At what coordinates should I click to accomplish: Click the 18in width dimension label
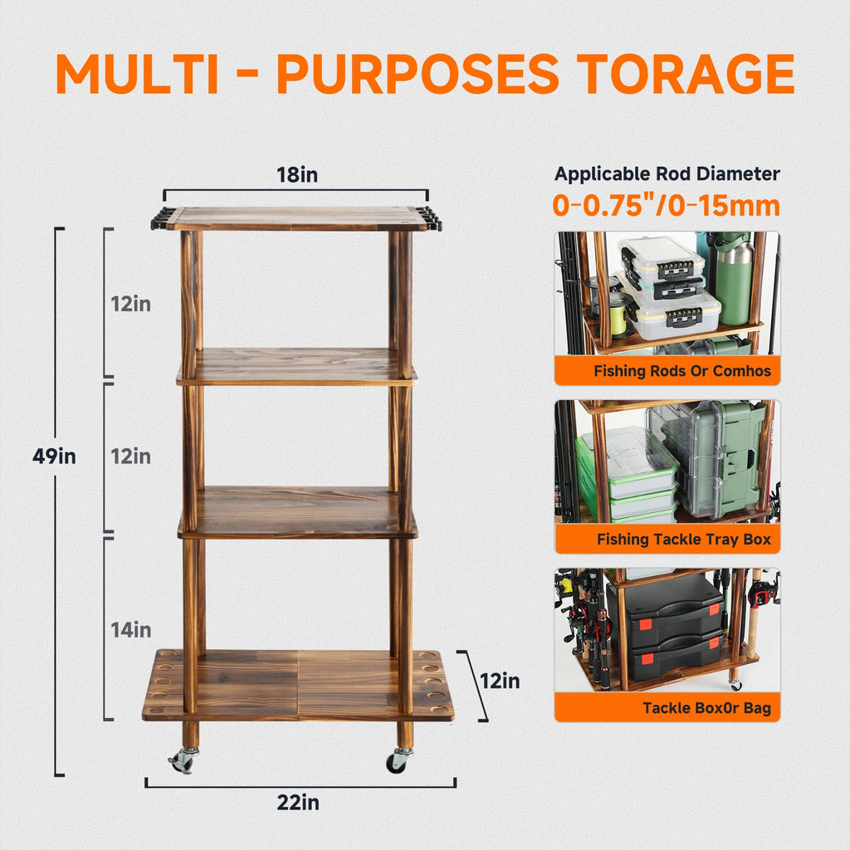coord(297,175)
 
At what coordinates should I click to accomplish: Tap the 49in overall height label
coord(54,456)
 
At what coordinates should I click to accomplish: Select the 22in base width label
coord(298,803)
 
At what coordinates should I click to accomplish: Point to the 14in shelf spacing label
coord(131,630)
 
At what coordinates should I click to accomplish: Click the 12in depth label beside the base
coord(500,681)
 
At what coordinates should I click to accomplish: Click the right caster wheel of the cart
coord(398,760)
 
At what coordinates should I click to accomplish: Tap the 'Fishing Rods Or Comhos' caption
coord(682,371)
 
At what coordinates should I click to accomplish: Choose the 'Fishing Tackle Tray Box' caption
coord(683,540)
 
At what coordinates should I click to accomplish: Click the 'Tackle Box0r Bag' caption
coord(706,708)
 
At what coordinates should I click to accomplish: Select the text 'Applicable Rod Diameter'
coord(667,174)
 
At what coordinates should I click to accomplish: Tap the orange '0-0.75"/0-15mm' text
coord(667,206)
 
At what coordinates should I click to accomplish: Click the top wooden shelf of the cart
coord(296,218)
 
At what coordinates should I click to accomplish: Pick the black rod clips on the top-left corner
coord(162,219)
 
